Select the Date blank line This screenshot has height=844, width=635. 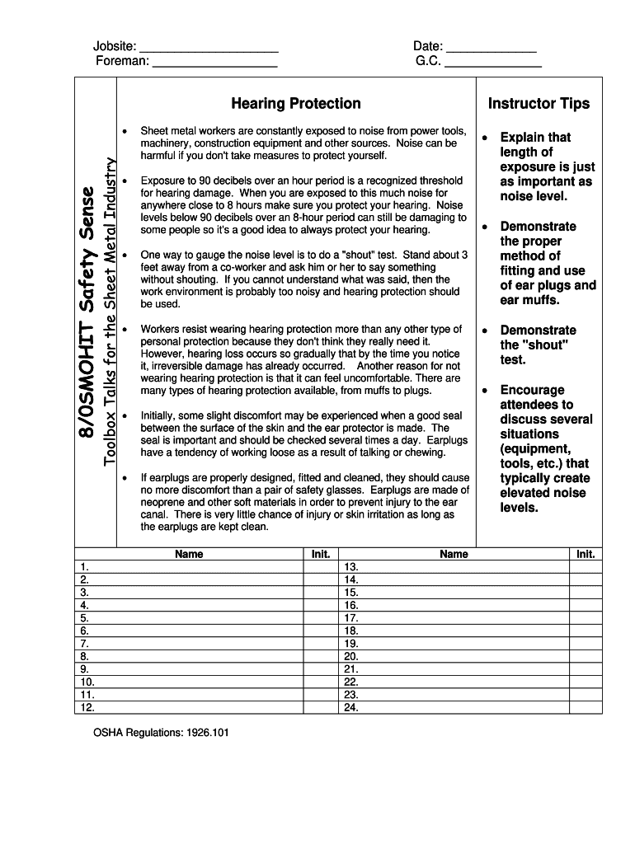(491, 48)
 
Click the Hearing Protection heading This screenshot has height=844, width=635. (296, 104)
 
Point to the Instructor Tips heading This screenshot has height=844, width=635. (539, 104)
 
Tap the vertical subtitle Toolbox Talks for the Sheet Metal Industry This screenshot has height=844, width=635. (110, 311)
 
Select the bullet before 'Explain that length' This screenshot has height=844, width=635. (486, 138)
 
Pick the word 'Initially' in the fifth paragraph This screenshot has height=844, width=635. (159, 415)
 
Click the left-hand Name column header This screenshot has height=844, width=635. (189, 555)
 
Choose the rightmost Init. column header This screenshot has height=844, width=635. (586, 555)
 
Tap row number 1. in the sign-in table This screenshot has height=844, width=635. (83, 567)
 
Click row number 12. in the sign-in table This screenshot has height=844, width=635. (87, 707)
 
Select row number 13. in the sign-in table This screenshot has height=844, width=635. (351, 567)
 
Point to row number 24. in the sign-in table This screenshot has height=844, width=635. (351, 707)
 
